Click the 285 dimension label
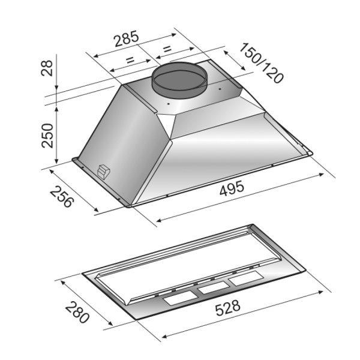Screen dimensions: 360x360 (127, 38)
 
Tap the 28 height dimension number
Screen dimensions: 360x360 (47, 68)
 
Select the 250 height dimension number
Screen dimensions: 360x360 (47, 136)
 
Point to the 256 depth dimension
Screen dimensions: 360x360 (62, 197)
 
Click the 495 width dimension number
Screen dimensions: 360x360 (231, 188)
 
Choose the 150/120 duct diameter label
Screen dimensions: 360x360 (261, 63)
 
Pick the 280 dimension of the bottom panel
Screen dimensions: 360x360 (77, 312)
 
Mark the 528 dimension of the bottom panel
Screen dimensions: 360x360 (228, 307)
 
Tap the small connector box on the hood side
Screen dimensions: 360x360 (104, 171)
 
